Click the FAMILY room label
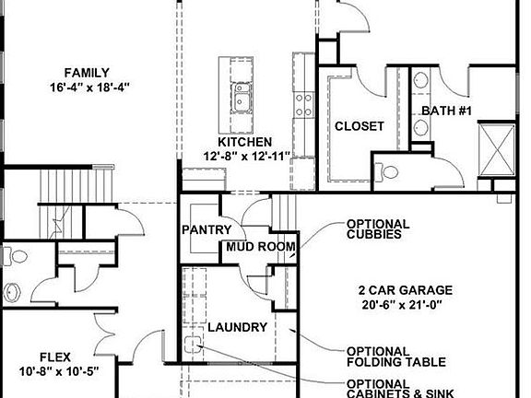[x=88, y=73]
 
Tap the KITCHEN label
[x=244, y=142]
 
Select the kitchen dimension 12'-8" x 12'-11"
[x=246, y=156]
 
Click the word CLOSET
[x=359, y=126]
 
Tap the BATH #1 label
[x=447, y=111]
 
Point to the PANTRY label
[x=206, y=229]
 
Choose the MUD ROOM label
[x=261, y=247]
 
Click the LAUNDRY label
[x=237, y=327]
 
